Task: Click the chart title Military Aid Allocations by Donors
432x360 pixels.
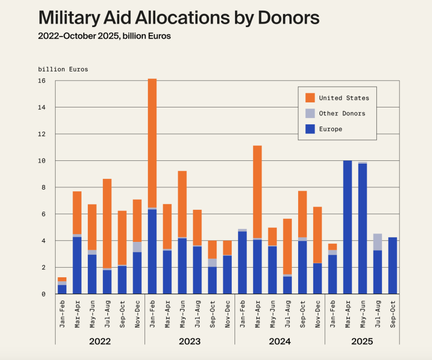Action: click(x=179, y=18)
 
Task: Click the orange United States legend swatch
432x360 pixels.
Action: click(x=309, y=97)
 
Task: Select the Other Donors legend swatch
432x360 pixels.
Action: click(x=309, y=113)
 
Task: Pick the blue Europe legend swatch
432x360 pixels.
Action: click(x=309, y=129)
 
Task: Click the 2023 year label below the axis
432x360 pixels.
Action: click(x=190, y=341)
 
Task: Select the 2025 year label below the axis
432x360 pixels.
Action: click(x=362, y=341)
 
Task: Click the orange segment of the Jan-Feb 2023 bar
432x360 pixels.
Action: click(x=152, y=143)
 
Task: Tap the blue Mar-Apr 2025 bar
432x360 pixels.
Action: click(x=347, y=227)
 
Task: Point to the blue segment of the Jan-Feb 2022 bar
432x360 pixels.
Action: click(x=62, y=289)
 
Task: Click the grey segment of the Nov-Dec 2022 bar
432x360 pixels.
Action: click(x=137, y=247)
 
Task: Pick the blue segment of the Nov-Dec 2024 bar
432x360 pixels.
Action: click(x=317, y=278)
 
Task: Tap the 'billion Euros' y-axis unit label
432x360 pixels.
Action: click(x=63, y=69)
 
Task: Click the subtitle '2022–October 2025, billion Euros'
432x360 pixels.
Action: click(x=104, y=37)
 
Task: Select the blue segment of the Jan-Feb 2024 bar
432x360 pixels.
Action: click(x=242, y=263)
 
